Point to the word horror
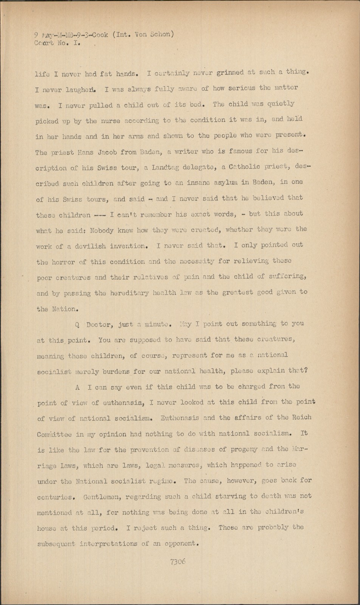67,261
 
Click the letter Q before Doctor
77,324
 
